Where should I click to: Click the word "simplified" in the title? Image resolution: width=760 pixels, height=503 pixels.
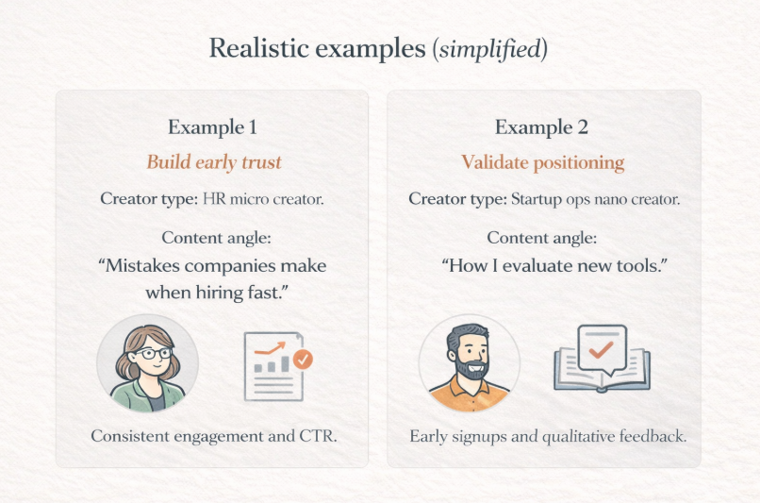tap(489, 49)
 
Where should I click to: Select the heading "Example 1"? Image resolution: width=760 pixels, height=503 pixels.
tap(212, 127)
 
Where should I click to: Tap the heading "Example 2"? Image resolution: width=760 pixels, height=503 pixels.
tap(541, 127)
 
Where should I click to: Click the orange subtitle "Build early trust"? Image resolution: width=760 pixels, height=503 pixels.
tap(214, 162)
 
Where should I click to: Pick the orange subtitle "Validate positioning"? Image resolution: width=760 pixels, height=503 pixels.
tap(543, 162)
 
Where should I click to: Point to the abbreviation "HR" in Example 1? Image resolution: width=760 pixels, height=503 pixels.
tap(214, 199)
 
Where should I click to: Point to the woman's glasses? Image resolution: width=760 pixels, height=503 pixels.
tap(154, 353)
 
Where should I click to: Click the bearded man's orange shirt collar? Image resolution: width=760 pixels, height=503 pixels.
tap(469, 386)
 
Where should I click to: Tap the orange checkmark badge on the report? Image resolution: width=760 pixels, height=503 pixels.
tap(303, 360)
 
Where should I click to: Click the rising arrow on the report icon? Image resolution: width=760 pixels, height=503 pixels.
tap(270, 348)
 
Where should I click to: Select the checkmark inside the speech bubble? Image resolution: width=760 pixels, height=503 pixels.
tap(601, 349)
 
